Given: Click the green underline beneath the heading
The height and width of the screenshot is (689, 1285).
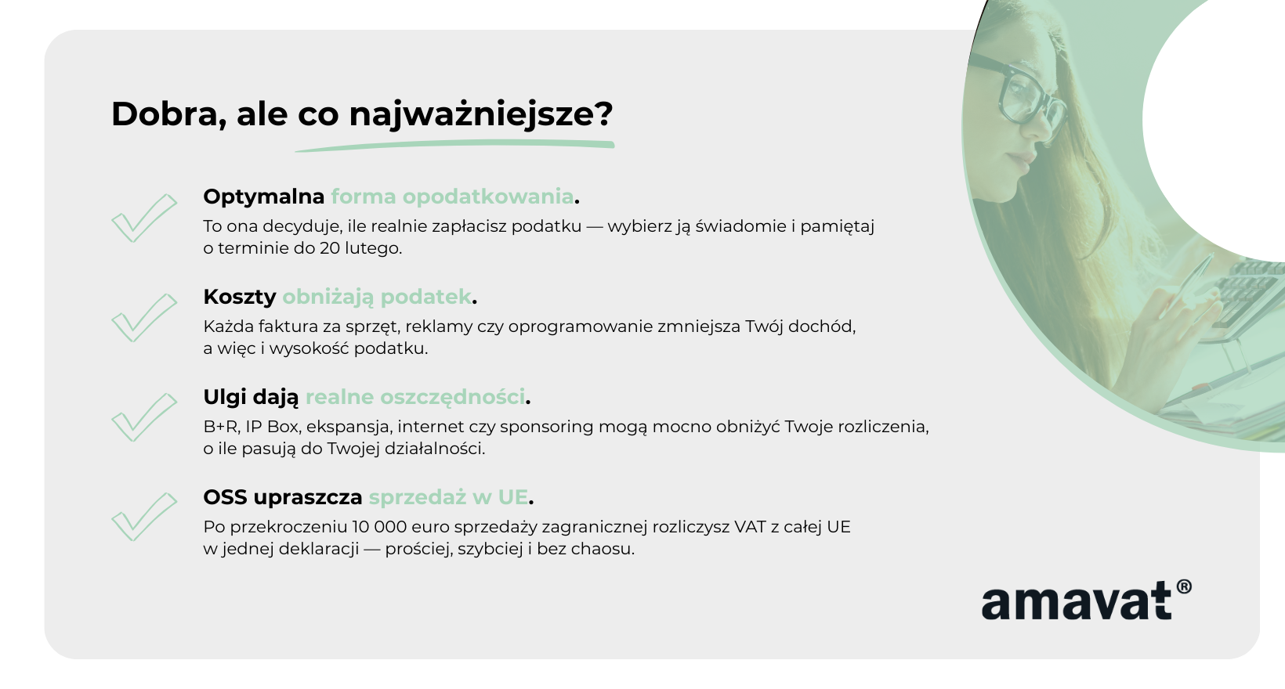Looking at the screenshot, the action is click(454, 146).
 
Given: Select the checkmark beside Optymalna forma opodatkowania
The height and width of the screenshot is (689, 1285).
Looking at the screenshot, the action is click(144, 218).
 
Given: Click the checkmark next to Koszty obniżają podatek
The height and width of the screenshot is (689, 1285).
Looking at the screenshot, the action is click(144, 318).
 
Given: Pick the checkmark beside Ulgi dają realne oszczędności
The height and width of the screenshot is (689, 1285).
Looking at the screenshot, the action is click(144, 417).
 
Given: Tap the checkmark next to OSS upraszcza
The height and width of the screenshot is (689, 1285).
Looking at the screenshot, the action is click(144, 517).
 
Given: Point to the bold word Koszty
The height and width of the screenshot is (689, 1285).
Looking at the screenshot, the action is click(240, 297).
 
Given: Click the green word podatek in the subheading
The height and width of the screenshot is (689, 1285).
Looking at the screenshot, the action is click(425, 298).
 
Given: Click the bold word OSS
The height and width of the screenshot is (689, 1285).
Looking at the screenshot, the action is click(226, 497).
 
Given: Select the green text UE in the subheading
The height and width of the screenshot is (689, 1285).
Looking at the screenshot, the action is click(512, 497).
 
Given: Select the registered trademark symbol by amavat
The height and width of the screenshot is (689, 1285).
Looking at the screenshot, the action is click(1184, 587).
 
